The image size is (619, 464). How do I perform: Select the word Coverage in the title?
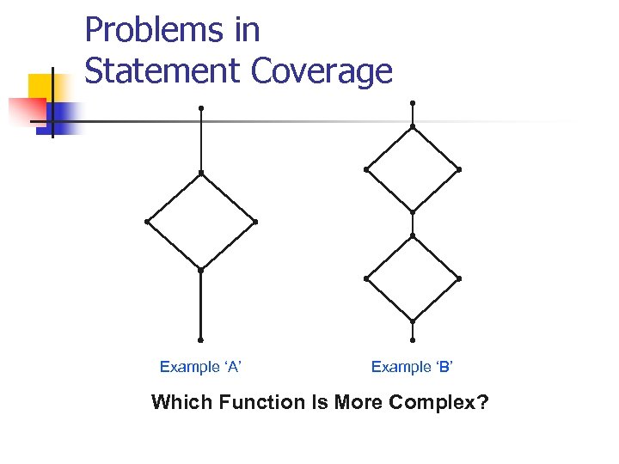click(322, 72)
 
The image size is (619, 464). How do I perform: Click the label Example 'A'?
click(200, 367)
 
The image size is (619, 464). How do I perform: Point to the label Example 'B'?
click(412, 367)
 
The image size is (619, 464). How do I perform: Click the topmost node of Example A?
click(200, 108)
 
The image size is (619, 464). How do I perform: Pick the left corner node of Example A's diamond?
click(147, 222)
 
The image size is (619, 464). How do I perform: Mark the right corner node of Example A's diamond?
click(255, 222)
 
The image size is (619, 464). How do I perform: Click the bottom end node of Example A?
click(200, 339)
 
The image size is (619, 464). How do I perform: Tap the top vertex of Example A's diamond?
click(200, 173)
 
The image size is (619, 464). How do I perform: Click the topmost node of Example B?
click(413, 103)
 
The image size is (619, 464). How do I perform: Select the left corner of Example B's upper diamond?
click(366, 169)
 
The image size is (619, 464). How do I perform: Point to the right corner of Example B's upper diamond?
click(459, 169)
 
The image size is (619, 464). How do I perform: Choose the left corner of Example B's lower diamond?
click(366, 278)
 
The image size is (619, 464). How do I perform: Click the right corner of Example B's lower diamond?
click(459, 278)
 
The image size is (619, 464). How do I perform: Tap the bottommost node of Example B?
click(413, 340)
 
